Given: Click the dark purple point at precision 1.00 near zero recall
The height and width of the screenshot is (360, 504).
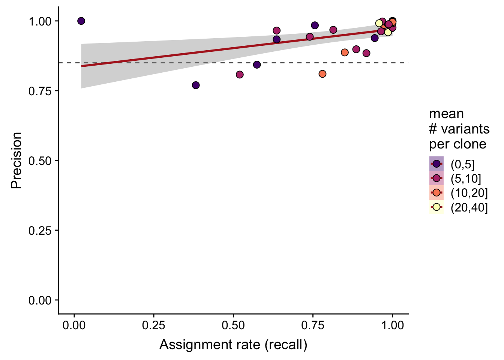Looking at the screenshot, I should coord(81,21).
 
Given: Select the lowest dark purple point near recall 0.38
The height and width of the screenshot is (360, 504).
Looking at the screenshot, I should coord(196,85).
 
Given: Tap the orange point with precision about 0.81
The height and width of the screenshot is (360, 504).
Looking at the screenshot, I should coord(322,74).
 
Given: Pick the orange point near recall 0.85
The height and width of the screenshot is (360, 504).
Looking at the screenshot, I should coord(345,52).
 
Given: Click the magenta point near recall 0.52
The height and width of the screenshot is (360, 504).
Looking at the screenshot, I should coord(240,75).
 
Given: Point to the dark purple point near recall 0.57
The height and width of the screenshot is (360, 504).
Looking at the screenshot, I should coord(257,65).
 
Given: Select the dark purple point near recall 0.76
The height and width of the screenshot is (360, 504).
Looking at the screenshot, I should coord(315,25).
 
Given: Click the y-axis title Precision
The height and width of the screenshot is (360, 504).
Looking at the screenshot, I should coord(16,160).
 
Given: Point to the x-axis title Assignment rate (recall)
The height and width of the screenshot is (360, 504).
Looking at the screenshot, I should coord(233,345).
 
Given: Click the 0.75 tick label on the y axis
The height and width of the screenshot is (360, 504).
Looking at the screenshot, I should coord(40,91).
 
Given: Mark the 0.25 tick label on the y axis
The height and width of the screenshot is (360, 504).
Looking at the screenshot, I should coord(40,231).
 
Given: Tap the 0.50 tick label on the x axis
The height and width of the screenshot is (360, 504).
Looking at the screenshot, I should coord(233,325).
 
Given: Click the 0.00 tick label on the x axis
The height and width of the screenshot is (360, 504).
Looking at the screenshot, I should coord(74,325).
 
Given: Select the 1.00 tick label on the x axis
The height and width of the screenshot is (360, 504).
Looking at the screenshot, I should coord(392,325).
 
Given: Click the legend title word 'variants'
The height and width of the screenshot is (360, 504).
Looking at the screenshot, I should coord(465,129).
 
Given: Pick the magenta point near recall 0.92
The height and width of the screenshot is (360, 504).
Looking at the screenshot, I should coord(366,53).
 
